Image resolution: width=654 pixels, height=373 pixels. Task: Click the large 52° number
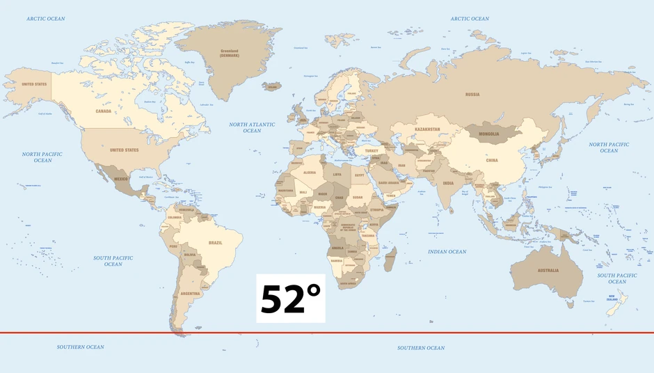point(291,299)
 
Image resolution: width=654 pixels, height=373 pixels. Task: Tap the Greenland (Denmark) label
point(230,53)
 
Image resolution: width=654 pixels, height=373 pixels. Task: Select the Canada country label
point(103,111)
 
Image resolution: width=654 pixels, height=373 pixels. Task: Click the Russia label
point(472,94)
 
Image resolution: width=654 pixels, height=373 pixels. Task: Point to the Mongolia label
point(490,133)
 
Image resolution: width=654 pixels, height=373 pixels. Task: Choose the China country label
point(492,160)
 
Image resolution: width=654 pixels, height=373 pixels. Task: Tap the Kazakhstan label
point(427,129)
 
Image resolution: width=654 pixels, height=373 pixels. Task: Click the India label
point(448,183)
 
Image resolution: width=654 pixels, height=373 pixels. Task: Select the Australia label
point(548,270)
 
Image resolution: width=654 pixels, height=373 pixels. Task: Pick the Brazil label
point(216,242)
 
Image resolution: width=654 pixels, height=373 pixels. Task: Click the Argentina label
point(191,293)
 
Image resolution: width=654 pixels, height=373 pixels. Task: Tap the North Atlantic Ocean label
point(252,127)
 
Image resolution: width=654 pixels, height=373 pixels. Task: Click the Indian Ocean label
point(447,252)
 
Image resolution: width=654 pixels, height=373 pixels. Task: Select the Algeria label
point(310,172)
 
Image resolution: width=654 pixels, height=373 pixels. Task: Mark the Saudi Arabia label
point(388,183)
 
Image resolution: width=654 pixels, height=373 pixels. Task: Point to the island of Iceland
point(272,86)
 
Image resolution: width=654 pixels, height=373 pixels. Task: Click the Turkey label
point(371,150)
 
